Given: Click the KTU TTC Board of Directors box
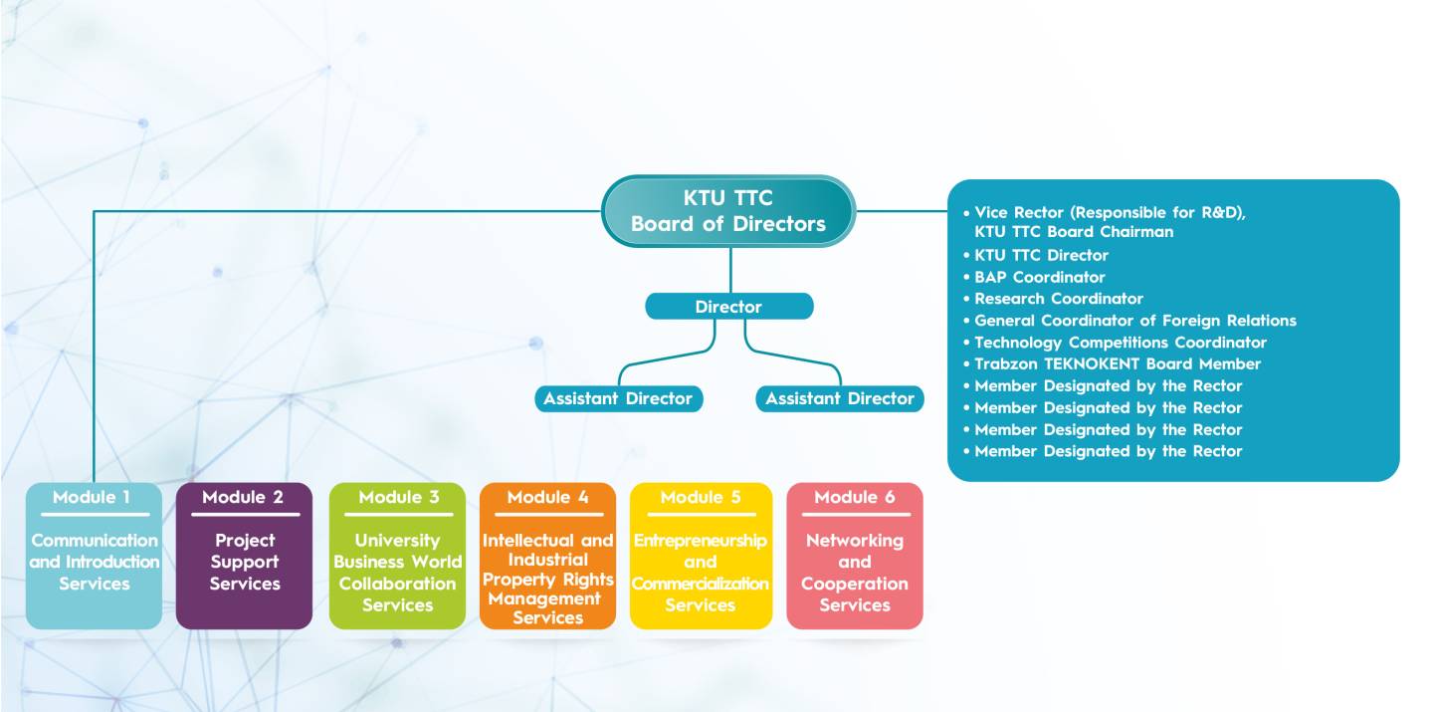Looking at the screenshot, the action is pos(728,211).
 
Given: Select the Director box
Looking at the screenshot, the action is pos(729,306).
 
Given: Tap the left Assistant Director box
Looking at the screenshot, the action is pos(619,398).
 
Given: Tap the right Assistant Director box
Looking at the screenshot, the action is pos(839,398).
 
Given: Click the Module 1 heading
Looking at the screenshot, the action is pos(92,497).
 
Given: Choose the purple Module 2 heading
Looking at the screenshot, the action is pos(243,497).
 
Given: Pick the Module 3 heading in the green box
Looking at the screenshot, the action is pos(398,497).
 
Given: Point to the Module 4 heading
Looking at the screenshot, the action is pos(547,497).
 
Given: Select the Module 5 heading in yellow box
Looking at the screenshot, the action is pos(701,497).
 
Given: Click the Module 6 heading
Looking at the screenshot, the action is pos(855,497).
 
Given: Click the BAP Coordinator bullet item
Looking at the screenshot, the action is pos(1034,277).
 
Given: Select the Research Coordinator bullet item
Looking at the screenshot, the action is pos(1053,299).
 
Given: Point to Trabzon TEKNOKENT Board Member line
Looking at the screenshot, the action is pos(1112,364).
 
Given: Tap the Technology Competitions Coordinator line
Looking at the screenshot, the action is pos(1115,343).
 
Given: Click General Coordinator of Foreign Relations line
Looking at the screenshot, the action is pos(1129,321).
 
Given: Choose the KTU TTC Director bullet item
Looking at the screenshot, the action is pos(1036,256).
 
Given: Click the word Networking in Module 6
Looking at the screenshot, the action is pos(855,541).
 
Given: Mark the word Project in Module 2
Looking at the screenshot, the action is pos(245,541).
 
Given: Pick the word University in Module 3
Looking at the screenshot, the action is pos(397,541).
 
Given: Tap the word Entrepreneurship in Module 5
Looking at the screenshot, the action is pos(701,541).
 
